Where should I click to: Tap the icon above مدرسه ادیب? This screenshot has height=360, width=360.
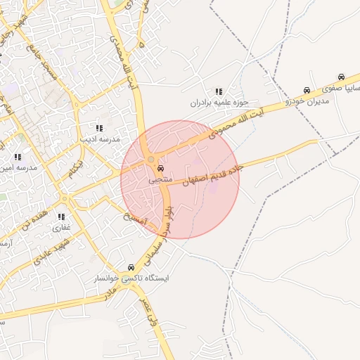pos(99,128)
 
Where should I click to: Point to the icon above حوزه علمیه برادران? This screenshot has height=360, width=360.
pos(219,91)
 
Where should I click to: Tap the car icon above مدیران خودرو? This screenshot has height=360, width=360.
pos(307,91)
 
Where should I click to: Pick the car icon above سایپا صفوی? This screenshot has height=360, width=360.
pos(341,77)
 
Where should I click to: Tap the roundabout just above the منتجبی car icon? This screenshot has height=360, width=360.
pos(151,160)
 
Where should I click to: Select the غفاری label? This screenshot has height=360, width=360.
pos(62,228)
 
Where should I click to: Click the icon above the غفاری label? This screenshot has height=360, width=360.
pos(62,217)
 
